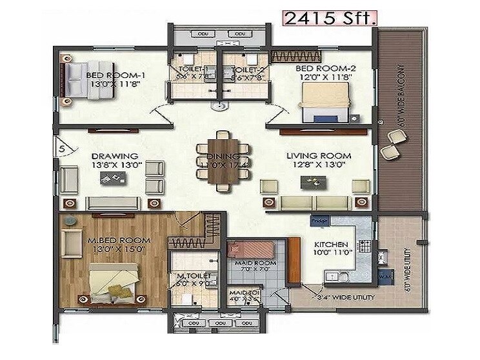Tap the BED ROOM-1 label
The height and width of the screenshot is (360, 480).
click(115, 75)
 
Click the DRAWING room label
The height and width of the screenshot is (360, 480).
click(115, 155)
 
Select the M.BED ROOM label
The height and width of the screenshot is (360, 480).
click(119, 240)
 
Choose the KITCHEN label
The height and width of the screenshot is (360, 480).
click(331, 245)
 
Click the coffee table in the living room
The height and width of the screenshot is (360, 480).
click(310, 183)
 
